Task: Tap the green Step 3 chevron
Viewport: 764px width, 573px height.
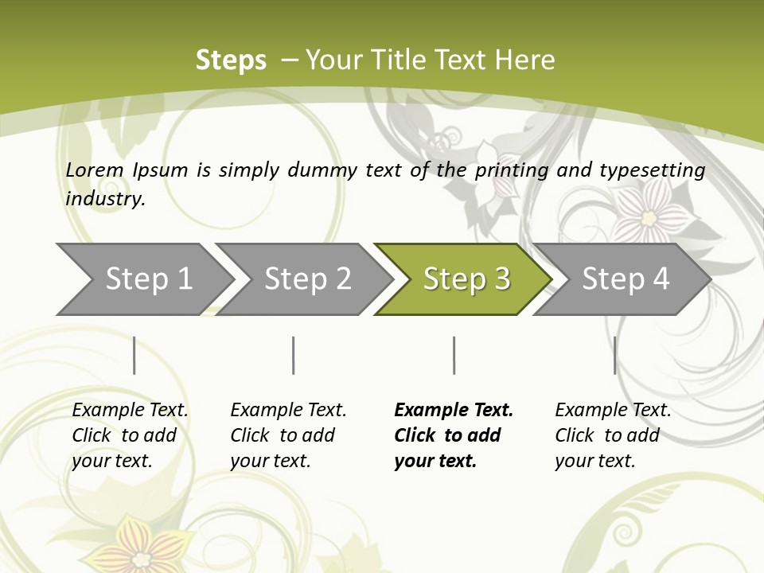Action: click(x=466, y=279)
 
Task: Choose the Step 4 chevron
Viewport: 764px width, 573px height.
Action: click(x=626, y=279)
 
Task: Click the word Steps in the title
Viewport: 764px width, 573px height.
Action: click(x=231, y=60)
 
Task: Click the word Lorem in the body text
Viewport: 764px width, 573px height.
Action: click(x=95, y=170)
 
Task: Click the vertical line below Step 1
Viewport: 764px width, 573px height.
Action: click(x=134, y=355)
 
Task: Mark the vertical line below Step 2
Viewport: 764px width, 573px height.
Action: click(x=294, y=355)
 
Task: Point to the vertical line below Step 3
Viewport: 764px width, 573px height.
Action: click(x=454, y=355)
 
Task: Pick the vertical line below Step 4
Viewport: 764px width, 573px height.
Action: click(x=615, y=355)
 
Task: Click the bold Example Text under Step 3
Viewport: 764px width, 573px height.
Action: click(x=454, y=411)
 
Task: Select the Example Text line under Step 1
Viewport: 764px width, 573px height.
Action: click(x=131, y=411)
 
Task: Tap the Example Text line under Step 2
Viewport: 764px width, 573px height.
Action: click(x=288, y=411)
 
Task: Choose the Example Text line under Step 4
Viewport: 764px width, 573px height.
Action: click(x=613, y=411)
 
